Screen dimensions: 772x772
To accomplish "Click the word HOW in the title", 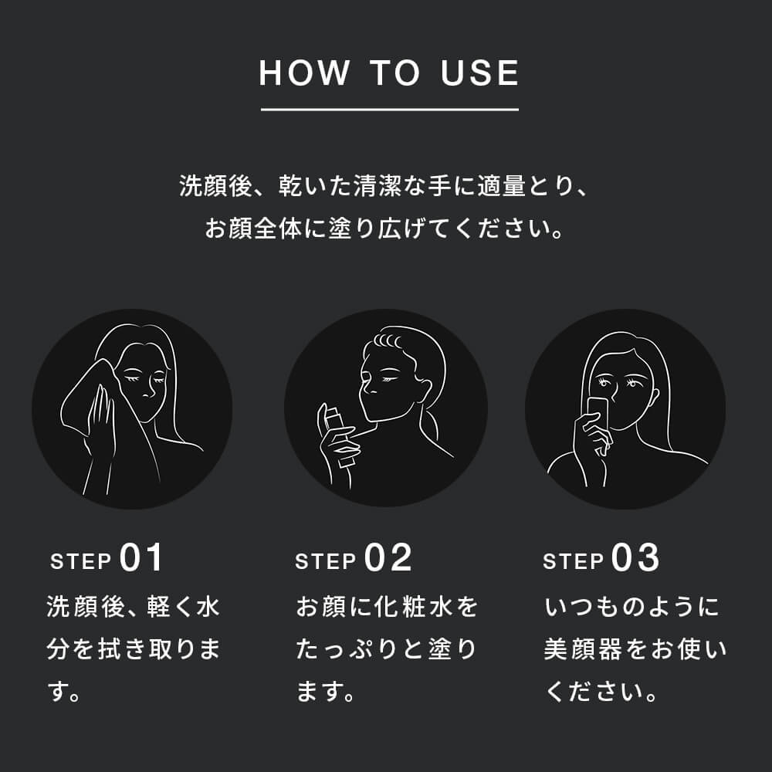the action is point(303,73).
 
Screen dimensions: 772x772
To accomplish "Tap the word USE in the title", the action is point(479,73).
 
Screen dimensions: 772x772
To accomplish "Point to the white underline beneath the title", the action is point(389,110).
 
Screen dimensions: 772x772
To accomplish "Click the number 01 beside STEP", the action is point(141,558).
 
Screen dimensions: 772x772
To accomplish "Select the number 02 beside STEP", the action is point(388,558).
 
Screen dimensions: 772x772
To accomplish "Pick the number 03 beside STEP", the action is point(635,558).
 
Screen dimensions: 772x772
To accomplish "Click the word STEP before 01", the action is point(81,561).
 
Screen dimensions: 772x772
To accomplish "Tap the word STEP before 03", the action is point(573,561).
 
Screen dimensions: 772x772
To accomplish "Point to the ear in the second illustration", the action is point(425,390).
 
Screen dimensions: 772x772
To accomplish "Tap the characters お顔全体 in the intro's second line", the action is point(253,229).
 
